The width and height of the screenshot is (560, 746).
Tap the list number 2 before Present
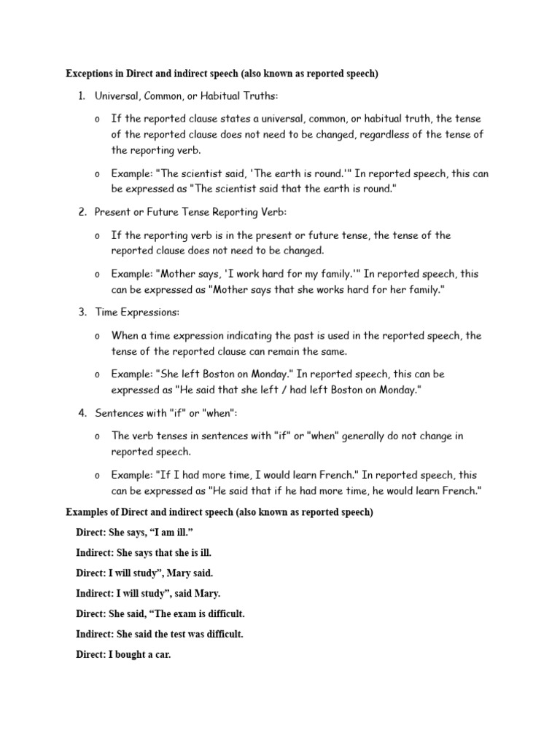(x=82, y=211)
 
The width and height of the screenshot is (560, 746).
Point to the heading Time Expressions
(x=137, y=312)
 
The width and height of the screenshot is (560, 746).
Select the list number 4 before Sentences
(x=82, y=413)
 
